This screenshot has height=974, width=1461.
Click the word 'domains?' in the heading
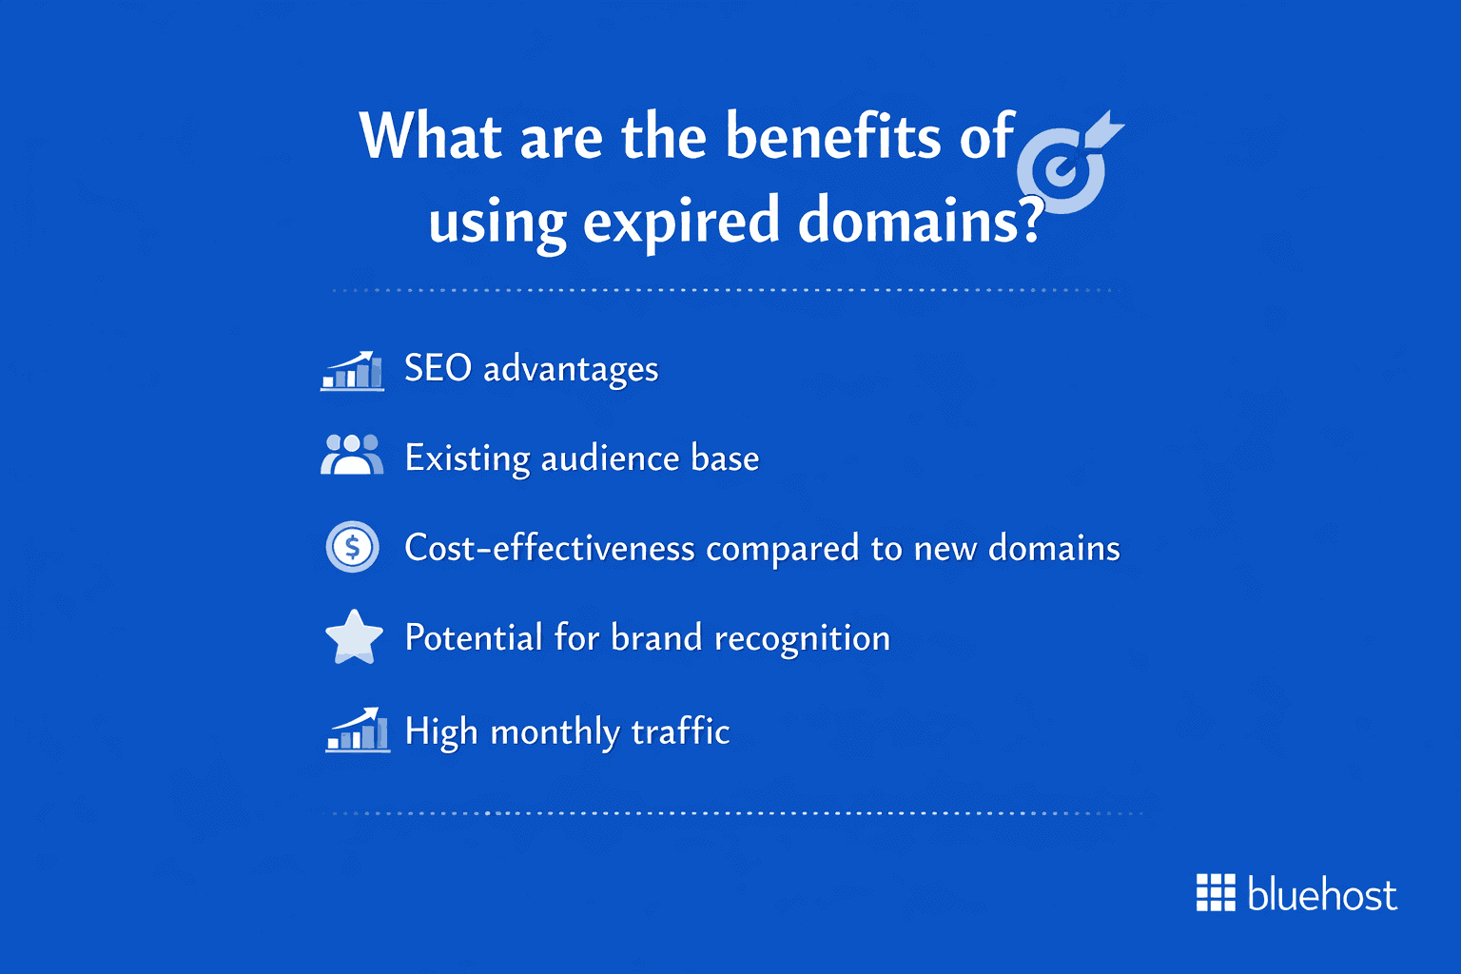919,221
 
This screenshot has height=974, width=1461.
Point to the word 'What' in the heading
430,137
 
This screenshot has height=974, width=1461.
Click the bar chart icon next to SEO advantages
353,371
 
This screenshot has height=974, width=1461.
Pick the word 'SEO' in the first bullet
438,369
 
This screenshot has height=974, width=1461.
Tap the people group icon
352,455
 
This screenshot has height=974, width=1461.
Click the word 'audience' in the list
610,458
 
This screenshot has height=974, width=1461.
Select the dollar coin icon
353,547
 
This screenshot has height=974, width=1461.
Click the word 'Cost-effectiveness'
549,548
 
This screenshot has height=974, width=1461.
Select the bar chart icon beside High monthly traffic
357,730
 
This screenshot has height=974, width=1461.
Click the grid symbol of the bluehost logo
1215,892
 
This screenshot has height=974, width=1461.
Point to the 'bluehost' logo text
1321,895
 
